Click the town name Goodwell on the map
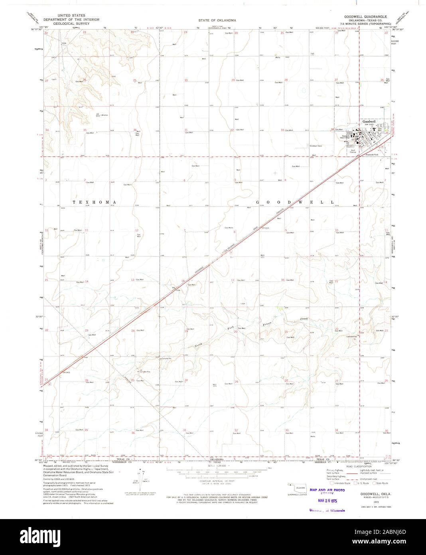(x=369, y=121)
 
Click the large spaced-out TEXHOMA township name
(x=94, y=202)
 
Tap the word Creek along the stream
(x=304, y=319)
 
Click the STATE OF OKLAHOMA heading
(x=217, y=20)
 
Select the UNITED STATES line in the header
(x=71, y=16)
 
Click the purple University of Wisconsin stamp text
(x=327, y=510)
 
